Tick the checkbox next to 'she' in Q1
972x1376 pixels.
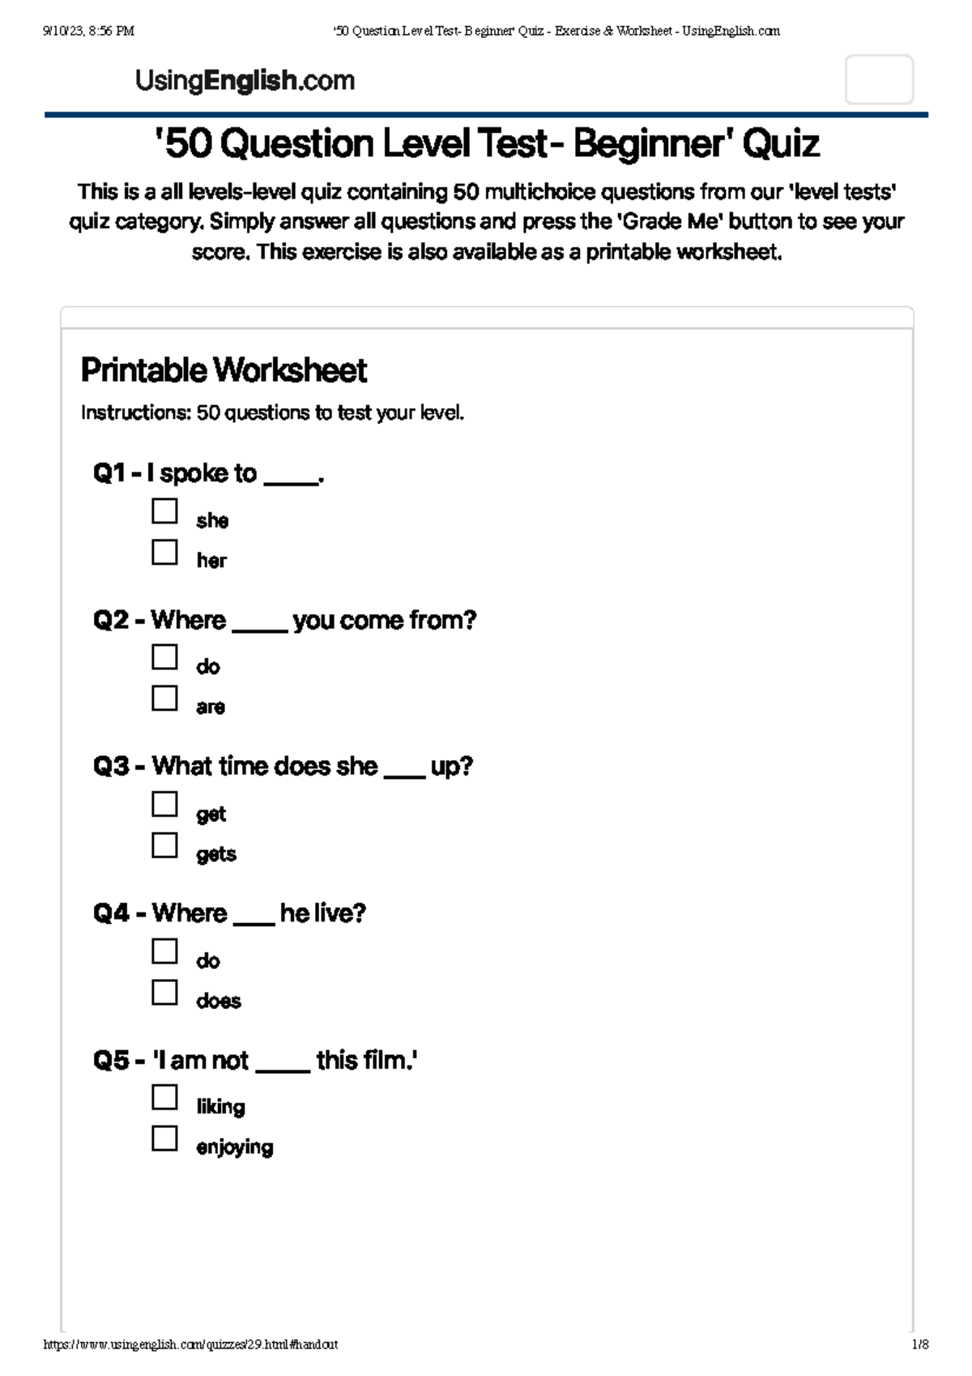point(164,511)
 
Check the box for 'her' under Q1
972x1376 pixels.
point(164,552)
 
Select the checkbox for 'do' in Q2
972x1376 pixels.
point(164,657)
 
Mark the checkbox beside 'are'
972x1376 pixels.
point(164,698)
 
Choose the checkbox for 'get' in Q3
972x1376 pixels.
point(164,805)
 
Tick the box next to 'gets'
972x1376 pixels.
point(164,845)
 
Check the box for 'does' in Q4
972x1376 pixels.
point(164,992)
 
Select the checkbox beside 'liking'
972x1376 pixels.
point(164,1098)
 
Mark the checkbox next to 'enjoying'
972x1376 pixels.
point(164,1139)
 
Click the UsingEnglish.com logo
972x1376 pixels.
point(245,80)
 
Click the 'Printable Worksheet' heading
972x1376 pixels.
point(224,370)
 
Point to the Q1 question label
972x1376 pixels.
point(110,473)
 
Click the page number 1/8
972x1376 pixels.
point(919,1344)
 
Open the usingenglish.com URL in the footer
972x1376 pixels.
point(190,1344)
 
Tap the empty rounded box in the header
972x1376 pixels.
point(879,80)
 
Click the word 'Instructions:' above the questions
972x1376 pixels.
point(135,413)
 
